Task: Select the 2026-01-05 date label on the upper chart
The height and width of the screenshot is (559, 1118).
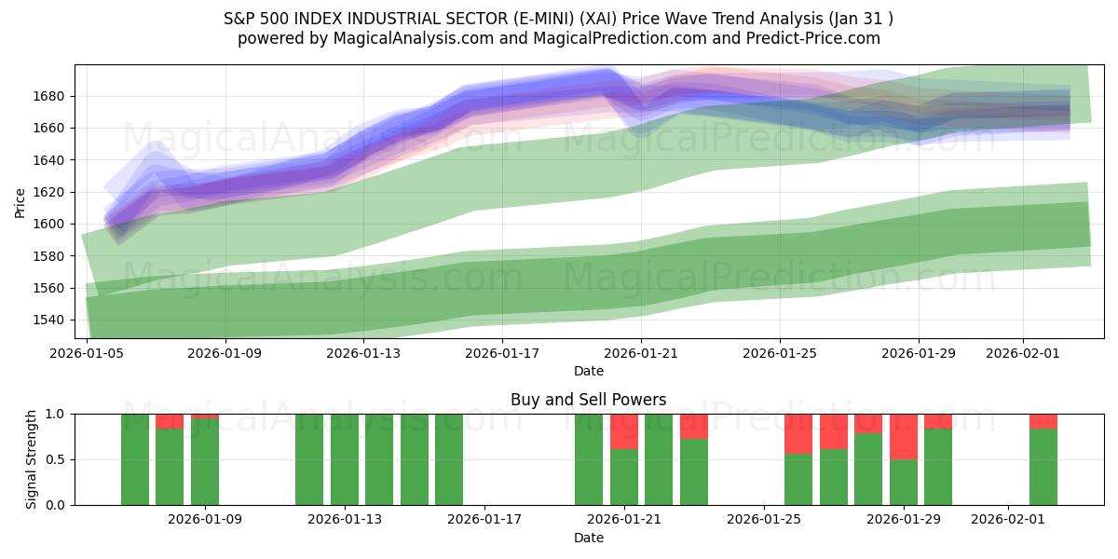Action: tap(87, 353)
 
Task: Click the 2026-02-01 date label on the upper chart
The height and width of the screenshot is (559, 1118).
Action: tap(1023, 353)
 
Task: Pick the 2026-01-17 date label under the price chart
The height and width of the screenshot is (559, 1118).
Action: tap(502, 353)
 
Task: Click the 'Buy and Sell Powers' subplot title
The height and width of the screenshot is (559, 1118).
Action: tap(588, 400)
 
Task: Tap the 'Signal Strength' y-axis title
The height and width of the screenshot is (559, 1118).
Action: tap(33, 459)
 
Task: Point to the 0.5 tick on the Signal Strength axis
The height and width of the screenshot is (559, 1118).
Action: tap(56, 459)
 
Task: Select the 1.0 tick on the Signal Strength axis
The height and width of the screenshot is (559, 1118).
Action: tap(56, 414)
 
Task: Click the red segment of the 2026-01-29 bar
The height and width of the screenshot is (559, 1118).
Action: tap(904, 436)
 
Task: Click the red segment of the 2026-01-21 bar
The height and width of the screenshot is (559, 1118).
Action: tap(624, 430)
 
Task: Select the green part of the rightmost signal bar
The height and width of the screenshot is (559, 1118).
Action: tap(1043, 466)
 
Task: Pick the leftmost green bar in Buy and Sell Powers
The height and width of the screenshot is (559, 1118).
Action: tap(135, 459)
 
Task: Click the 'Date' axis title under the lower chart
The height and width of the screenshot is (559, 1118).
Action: tap(588, 538)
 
